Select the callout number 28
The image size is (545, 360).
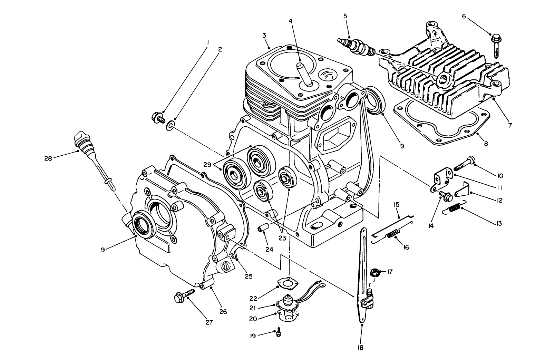(48, 158)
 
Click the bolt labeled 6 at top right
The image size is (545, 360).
(496, 45)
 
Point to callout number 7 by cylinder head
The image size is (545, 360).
(510, 125)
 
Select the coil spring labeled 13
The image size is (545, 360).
(455, 208)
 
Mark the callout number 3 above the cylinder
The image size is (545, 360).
(264, 36)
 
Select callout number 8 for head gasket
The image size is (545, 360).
(486, 144)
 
